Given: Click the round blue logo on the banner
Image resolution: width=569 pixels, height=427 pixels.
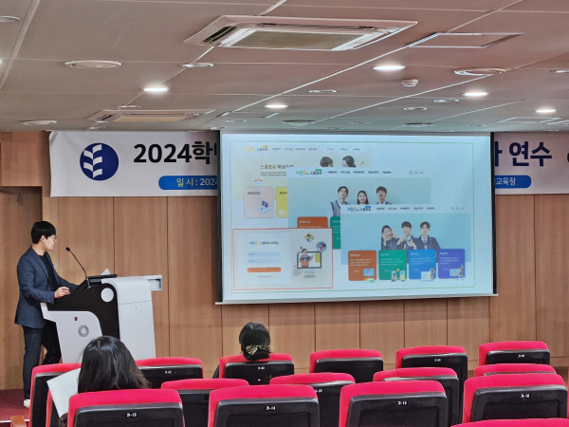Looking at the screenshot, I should tap(100, 160).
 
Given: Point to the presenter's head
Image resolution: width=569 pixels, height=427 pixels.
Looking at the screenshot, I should tap(43, 233).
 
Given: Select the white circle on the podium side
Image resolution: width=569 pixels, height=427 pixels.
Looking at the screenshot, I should tap(83, 331).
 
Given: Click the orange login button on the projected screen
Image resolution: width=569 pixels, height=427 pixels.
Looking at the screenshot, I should tap(265, 269).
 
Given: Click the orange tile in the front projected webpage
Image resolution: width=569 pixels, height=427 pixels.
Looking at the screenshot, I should tap(362, 265).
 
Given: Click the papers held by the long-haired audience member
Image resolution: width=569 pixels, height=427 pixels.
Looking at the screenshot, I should tap(63, 391).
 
